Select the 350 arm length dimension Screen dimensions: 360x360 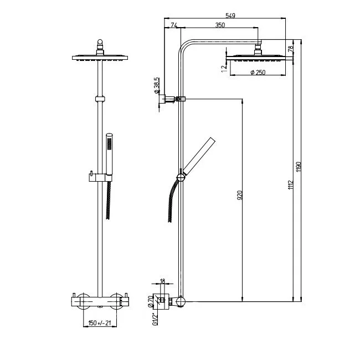(220, 25)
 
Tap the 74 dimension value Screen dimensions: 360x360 (174, 25)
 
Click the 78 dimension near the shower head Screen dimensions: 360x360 (291, 48)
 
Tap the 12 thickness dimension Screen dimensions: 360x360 (223, 68)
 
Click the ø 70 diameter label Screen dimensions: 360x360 (151, 301)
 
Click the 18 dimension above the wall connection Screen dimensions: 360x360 (162, 282)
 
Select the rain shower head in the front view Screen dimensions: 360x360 (99, 57)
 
